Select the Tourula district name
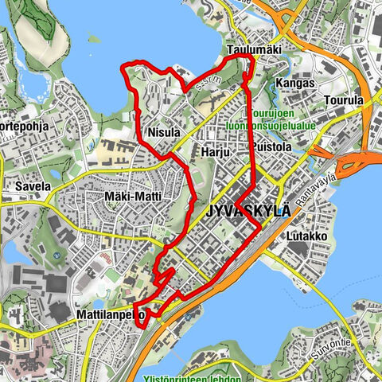pyautogui.click(x=344, y=101)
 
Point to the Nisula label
pyautogui.click(x=164, y=131)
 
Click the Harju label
pyautogui.click(x=215, y=151)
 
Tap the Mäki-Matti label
pyautogui.click(x=133, y=196)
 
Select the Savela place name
pyautogui.click(x=32, y=186)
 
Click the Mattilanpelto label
pyautogui.click(x=110, y=314)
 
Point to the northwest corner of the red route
pyautogui.click(x=122, y=68)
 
